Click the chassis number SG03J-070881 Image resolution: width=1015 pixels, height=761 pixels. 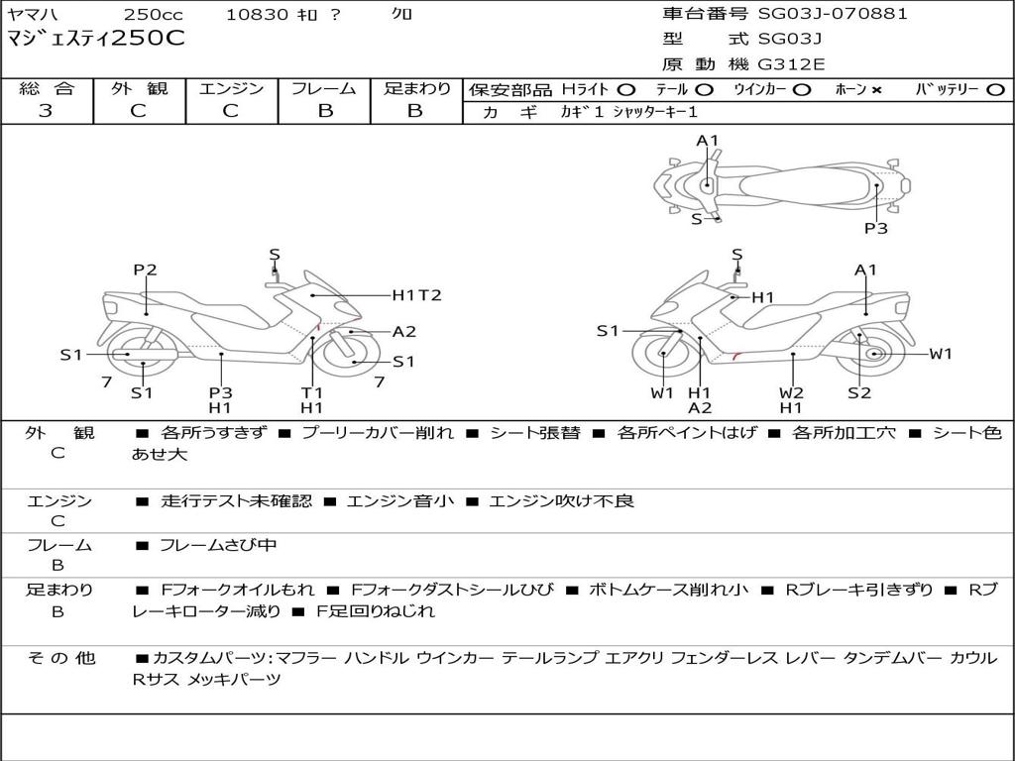[x=833, y=14]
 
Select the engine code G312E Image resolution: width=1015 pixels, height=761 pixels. [x=791, y=64]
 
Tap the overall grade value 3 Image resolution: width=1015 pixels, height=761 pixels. [x=46, y=111]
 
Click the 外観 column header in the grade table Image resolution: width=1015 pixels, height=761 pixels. [x=139, y=88]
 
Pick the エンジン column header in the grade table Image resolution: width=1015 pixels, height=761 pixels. [x=231, y=88]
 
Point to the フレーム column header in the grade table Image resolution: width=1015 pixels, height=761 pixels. [x=324, y=88]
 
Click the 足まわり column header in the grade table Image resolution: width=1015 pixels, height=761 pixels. [x=416, y=88]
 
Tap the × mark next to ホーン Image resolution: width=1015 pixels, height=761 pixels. [x=876, y=90]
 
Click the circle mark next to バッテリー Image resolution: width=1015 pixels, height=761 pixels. [x=995, y=90]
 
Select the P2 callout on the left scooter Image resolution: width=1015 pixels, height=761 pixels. [x=146, y=270]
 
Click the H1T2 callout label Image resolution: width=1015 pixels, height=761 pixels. [x=416, y=295]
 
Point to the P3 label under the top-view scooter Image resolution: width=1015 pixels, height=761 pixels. [x=876, y=228]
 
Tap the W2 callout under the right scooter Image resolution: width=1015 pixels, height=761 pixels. [x=791, y=392]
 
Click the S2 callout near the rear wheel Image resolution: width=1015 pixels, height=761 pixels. [x=859, y=392]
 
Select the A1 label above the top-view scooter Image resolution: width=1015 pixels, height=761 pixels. [x=707, y=141]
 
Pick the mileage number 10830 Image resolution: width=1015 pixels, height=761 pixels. [x=257, y=14]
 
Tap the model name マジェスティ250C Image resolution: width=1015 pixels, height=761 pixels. [x=96, y=40]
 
